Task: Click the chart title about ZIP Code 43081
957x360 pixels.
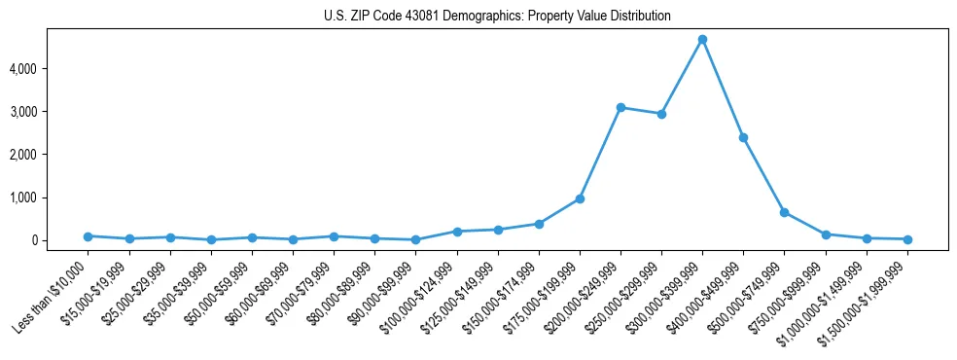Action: pyautogui.click(x=497, y=17)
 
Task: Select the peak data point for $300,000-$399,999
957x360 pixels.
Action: pyautogui.click(x=702, y=40)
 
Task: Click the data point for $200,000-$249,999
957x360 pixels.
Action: pyautogui.click(x=620, y=108)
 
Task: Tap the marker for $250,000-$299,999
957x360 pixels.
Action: pyautogui.click(x=661, y=114)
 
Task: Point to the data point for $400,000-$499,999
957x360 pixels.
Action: pyautogui.click(x=743, y=138)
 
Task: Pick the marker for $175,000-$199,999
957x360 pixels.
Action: pyautogui.click(x=580, y=198)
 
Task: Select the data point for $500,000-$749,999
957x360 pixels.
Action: pyautogui.click(x=784, y=212)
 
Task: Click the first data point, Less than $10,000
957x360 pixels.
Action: pyautogui.click(x=88, y=236)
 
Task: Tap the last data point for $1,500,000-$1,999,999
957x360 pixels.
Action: pyautogui.click(x=907, y=239)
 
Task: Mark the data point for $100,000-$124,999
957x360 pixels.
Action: pyautogui.click(x=456, y=232)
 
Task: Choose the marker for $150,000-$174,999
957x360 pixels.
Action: pyautogui.click(x=539, y=224)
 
